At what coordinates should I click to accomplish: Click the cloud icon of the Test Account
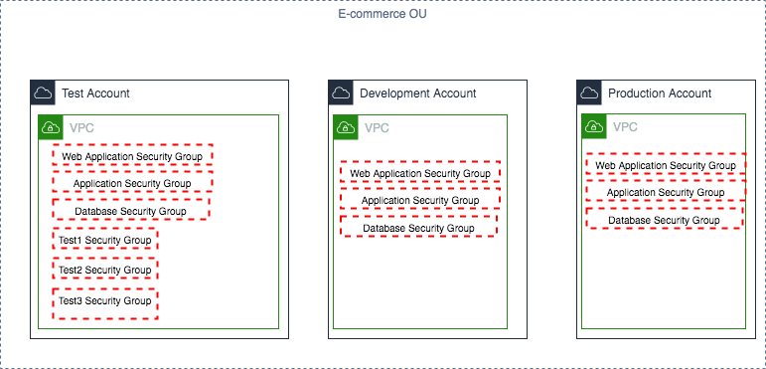coord(42,93)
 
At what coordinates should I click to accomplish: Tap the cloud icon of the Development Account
coord(341,93)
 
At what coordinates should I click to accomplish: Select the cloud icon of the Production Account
coord(589,93)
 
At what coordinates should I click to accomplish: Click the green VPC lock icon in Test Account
coord(50,127)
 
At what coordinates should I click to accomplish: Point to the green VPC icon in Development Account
coord(345,127)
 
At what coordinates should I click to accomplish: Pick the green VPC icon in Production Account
coord(593,127)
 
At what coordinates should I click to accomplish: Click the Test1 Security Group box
coord(104,241)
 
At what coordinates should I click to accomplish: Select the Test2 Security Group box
coord(104,271)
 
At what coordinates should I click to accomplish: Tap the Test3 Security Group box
coord(104,301)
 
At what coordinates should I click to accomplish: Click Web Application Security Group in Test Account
coord(132,156)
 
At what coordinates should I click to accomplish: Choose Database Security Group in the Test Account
coord(130,211)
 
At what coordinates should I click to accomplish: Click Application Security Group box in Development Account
coord(420,200)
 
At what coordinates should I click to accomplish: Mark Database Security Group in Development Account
coord(417,228)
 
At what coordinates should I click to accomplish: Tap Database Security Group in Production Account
coord(664,220)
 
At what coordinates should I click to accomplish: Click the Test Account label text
coord(95,93)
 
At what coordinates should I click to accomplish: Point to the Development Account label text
coord(417,93)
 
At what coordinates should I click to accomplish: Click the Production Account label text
coord(660,93)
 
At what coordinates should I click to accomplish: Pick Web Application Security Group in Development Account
coord(420,173)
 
